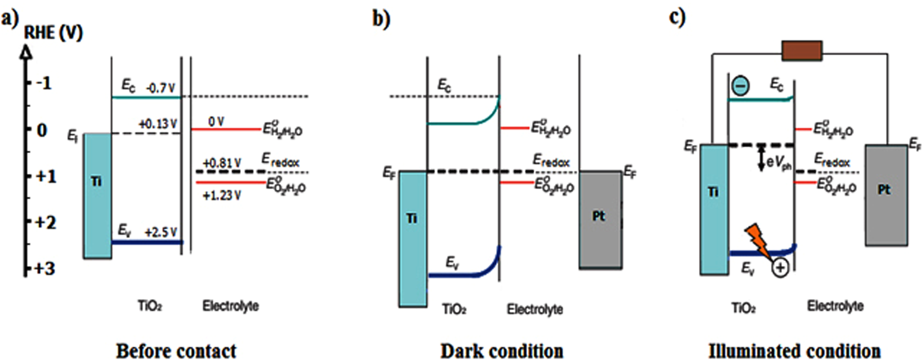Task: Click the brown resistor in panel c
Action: click(801, 51)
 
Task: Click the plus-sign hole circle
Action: click(780, 268)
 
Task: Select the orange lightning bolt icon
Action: click(757, 240)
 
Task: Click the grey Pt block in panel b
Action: click(600, 220)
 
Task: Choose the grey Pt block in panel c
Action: click(886, 195)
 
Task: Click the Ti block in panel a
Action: click(97, 195)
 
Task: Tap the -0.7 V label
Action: click(160, 88)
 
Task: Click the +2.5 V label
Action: click(161, 232)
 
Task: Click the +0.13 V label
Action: click(158, 124)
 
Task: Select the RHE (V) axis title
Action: click(53, 32)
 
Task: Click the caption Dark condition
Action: click(502, 350)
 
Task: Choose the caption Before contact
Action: click(176, 350)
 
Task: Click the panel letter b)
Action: click(381, 18)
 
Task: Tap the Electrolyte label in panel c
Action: click(835, 306)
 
